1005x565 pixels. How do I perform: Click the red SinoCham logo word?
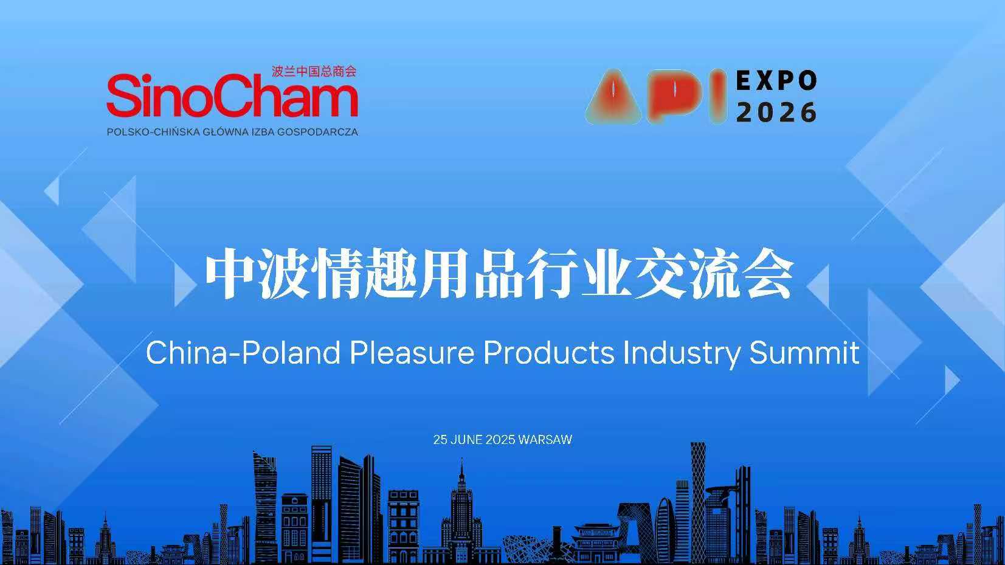[232, 95]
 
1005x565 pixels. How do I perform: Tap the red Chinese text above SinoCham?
[314, 71]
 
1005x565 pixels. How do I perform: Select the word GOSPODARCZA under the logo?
[317, 132]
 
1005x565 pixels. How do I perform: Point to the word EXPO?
[776, 81]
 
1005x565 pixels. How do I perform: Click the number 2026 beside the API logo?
[776, 112]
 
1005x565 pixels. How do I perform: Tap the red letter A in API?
[614, 97]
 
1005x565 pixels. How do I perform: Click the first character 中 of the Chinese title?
[229, 273]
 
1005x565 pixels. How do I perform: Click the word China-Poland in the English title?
[243, 353]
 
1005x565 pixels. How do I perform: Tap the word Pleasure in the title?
[412, 353]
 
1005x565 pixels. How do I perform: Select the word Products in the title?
[549, 353]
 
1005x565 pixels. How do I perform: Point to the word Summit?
[804, 353]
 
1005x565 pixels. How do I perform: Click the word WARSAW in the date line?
[545, 440]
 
